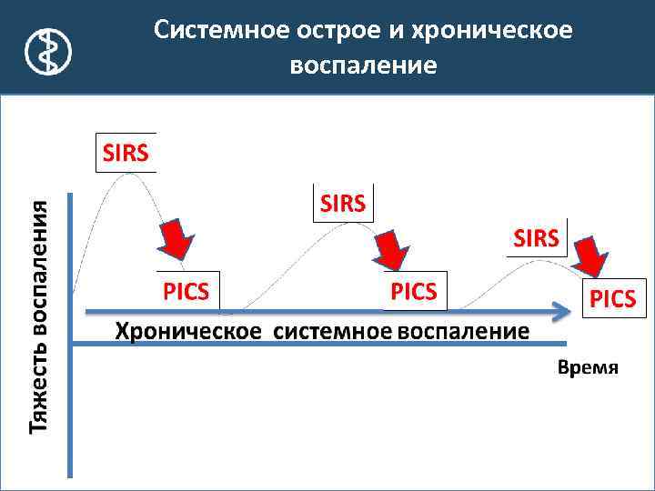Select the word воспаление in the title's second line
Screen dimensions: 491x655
point(363,66)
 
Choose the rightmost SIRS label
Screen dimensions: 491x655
point(537,238)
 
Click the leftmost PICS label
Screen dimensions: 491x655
point(186,291)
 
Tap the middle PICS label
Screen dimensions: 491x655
point(414,291)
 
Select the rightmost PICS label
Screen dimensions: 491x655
point(614,298)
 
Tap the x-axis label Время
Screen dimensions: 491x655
point(587,368)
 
